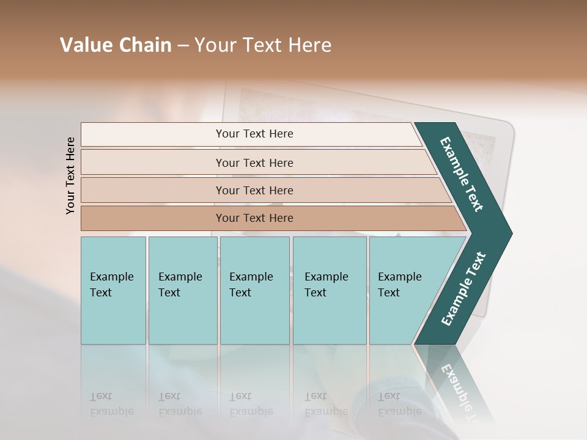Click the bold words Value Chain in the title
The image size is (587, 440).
point(116,45)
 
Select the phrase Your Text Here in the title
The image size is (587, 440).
point(263,45)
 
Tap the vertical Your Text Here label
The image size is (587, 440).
point(70,175)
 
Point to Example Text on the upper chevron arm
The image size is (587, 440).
point(462,174)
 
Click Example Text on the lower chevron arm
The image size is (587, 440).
point(463,289)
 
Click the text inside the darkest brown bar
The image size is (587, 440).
point(254,218)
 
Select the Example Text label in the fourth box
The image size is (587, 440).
point(326,285)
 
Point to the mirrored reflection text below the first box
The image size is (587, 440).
point(111,404)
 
